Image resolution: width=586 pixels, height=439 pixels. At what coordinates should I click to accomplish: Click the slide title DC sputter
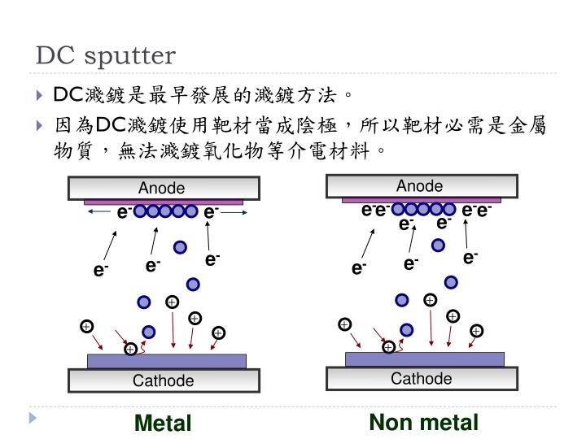pos(105,55)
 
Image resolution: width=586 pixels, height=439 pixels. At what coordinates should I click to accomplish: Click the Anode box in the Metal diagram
pos(164,188)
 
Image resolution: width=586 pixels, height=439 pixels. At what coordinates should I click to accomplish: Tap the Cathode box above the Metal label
pos(164,380)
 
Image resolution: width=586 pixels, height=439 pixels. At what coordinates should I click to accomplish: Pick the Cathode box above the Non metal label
pos(421,378)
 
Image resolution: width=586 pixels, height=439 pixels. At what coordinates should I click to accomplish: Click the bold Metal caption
pos(163,424)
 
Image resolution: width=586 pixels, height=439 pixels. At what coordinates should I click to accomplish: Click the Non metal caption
pos(423,422)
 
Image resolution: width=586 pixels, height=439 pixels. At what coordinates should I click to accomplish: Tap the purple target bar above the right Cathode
pos(424,359)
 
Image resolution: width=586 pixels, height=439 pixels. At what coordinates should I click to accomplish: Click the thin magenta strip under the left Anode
pos(164,202)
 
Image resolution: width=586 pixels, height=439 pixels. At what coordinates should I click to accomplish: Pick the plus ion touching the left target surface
pos(131,350)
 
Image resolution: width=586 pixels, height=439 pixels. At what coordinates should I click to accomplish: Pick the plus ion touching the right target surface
pos(389,347)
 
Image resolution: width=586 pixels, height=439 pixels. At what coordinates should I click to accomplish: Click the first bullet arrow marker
pos(42,96)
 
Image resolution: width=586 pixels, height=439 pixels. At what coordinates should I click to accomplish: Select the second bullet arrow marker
pos(42,126)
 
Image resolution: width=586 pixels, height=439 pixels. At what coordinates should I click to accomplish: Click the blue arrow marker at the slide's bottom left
pos(33,419)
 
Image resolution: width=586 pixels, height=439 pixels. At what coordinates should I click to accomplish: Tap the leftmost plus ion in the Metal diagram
pos(86,327)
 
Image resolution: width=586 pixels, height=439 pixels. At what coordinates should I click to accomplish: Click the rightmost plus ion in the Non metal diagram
pos(476,330)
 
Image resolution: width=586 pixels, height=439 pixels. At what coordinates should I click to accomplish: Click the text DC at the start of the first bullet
pos(66,95)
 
